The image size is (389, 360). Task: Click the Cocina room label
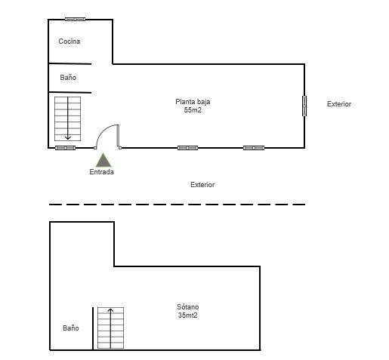coord(69,42)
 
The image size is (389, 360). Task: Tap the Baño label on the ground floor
coord(68,77)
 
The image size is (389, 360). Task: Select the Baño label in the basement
coord(71,328)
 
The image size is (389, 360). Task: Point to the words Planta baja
coord(193,102)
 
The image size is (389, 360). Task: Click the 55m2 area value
coord(193,110)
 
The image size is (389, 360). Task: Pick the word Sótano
coord(188,306)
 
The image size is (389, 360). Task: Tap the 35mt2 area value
coord(187,315)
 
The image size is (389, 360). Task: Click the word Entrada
coord(101,172)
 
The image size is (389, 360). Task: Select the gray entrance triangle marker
coord(103,160)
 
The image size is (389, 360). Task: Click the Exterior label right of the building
coord(339,104)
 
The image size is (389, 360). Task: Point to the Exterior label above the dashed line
coord(202,185)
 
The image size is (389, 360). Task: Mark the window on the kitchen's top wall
coord(75,19)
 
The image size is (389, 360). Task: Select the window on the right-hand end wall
coord(304,106)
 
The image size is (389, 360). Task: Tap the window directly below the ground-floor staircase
coord(65,148)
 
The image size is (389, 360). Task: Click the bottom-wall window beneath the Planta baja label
coord(187,148)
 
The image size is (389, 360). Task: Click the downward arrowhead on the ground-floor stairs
coord(67,137)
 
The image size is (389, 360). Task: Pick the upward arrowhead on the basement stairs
coord(110,310)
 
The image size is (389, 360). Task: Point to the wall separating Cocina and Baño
coord(69,63)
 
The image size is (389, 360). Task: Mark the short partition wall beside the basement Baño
coord(93,328)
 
